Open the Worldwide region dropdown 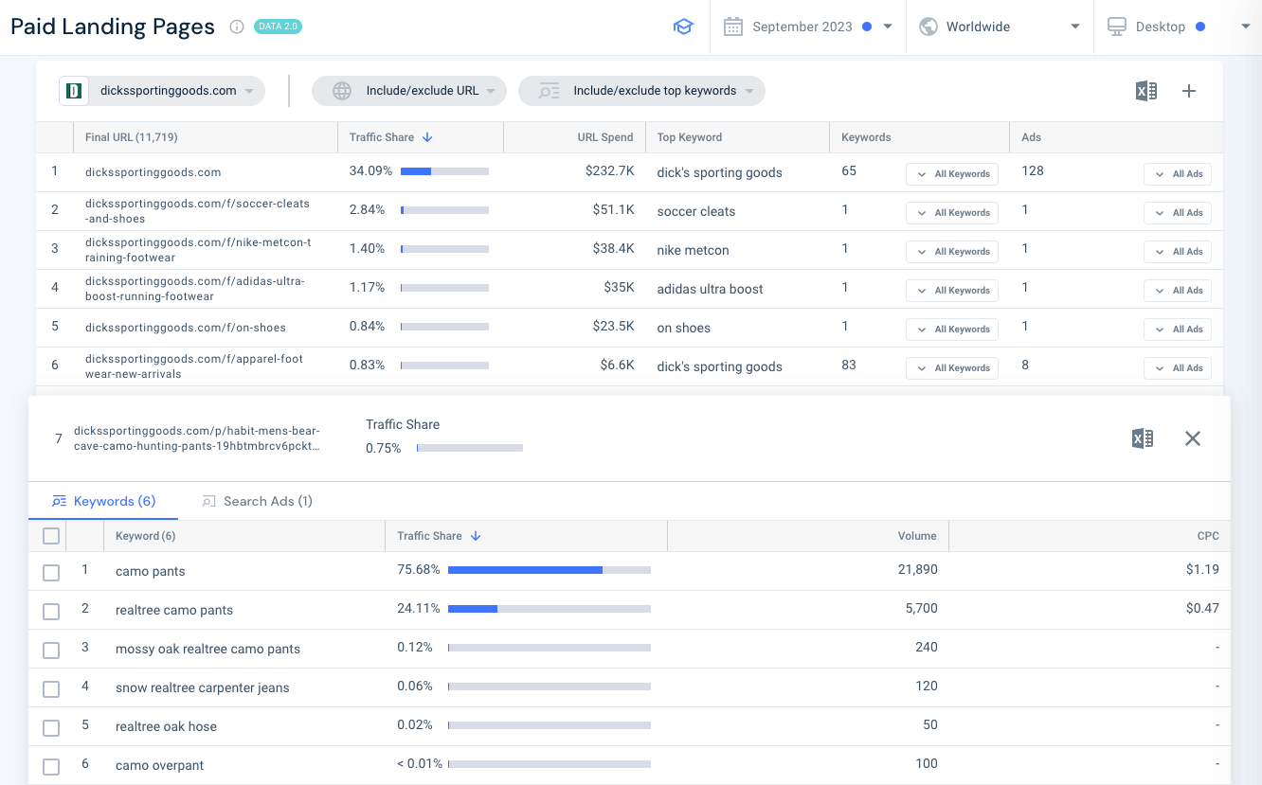(999, 27)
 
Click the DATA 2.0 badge (278, 27)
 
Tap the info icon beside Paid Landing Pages (237, 27)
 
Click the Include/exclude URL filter (409, 91)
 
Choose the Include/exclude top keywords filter (641, 91)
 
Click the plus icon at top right (1189, 91)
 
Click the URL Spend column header (604, 137)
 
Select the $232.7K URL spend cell (609, 171)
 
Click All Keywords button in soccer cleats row (952, 213)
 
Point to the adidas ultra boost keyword (710, 289)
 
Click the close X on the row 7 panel (1193, 438)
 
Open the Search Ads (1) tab (258, 501)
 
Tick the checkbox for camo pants (51, 572)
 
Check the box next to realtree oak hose (51, 727)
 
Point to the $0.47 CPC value (1202, 609)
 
